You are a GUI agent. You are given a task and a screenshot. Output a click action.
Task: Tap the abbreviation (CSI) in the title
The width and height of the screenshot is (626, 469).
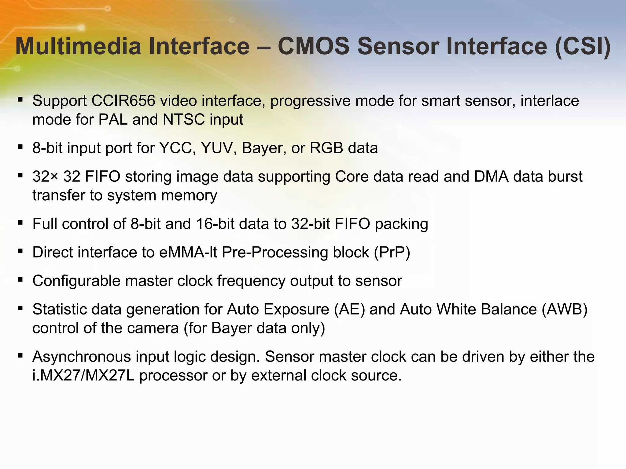583,46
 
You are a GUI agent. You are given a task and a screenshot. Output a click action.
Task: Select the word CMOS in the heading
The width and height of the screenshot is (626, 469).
313,46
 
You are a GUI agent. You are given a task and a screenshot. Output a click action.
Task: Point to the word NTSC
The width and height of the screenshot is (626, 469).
184,119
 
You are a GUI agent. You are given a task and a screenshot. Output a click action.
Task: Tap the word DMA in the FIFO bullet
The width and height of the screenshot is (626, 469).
491,176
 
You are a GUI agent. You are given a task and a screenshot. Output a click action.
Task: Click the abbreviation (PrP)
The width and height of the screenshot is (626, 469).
392,252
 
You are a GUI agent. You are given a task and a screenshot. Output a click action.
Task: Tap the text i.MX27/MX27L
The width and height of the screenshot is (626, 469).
83,375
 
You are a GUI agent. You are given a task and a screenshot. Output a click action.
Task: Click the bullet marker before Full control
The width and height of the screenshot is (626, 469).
20,223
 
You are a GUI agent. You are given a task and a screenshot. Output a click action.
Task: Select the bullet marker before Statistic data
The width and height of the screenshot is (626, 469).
20,309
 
